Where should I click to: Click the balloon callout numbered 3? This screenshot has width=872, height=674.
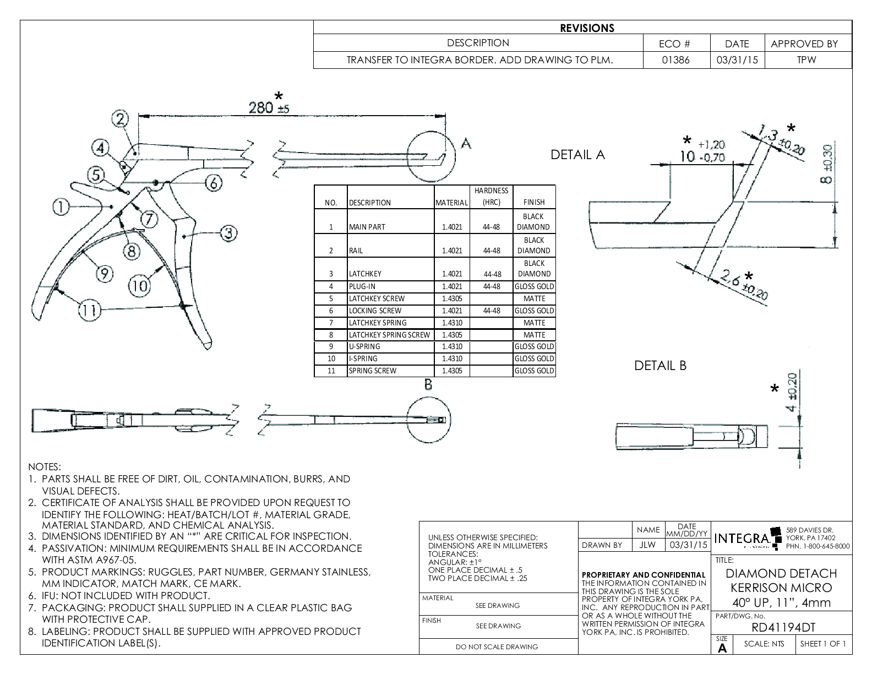[228, 233]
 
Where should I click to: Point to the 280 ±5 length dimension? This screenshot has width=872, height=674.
[269, 106]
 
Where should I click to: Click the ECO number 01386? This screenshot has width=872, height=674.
[676, 60]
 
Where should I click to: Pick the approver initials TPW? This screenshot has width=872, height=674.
[806, 60]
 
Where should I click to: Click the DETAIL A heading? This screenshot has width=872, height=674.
[577, 155]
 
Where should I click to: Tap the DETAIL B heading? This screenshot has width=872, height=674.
[660, 366]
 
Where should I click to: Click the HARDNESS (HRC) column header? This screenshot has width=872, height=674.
[492, 197]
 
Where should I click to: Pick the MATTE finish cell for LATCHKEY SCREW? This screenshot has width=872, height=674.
[534, 298]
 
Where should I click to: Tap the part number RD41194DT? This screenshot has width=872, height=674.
[783, 627]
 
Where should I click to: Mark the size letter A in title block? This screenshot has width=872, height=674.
[722, 648]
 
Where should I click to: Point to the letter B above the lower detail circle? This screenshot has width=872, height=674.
[428, 385]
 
